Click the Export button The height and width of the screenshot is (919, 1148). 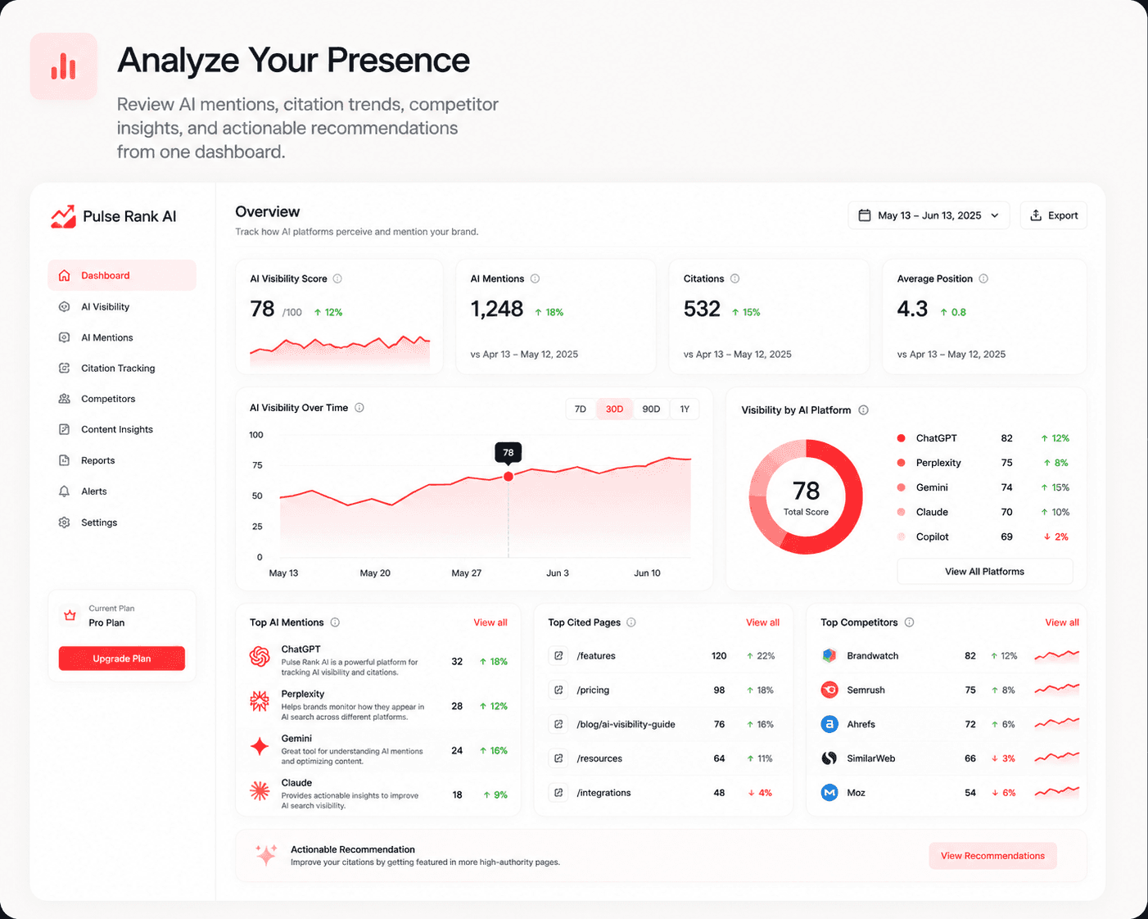click(x=1053, y=215)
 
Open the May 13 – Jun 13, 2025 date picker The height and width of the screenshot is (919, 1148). click(x=929, y=215)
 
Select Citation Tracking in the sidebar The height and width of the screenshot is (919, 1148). click(x=118, y=369)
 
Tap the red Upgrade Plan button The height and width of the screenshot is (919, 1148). click(x=122, y=658)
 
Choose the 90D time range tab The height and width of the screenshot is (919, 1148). click(x=651, y=409)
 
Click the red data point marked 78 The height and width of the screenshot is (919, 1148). click(x=508, y=477)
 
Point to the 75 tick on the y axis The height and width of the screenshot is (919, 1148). click(x=257, y=465)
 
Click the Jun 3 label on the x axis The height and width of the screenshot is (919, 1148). click(x=558, y=573)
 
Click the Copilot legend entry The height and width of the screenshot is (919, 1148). click(x=932, y=536)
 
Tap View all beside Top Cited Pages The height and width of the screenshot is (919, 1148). click(x=762, y=622)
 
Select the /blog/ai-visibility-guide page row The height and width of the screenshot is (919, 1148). click(x=662, y=724)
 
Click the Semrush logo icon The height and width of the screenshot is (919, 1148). click(x=829, y=690)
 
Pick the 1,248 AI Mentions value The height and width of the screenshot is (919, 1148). click(x=497, y=309)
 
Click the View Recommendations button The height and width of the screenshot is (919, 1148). click(x=992, y=855)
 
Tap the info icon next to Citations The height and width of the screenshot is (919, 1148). click(x=734, y=278)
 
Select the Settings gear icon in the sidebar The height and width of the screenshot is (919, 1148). click(x=64, y=522)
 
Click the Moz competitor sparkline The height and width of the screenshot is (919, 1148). click(x=1057, y=791)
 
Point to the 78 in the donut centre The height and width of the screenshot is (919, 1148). click(x=806, y=491)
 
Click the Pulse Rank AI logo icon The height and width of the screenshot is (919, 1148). click(x=64, y=216)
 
